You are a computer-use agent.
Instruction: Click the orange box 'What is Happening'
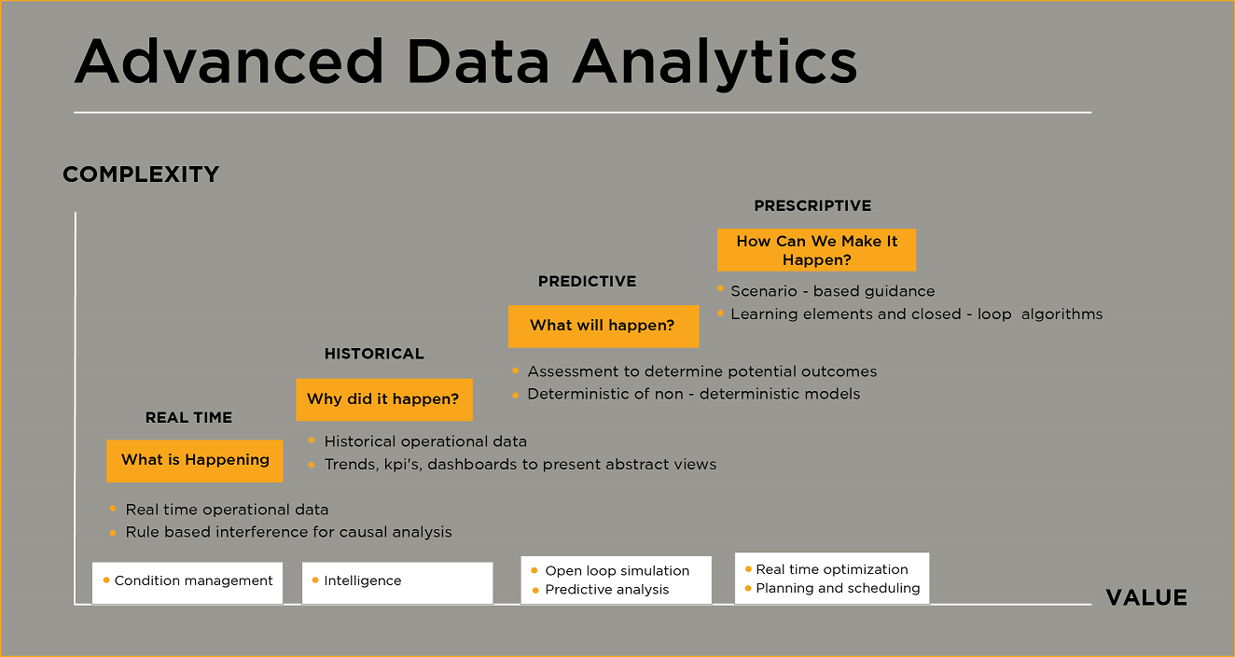pyautogui.click(x=195, y=461)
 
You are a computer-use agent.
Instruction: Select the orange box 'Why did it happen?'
pyautogui.click(x=384, y=399)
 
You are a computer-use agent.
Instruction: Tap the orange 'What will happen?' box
pyautogui.click(x=604, y=326)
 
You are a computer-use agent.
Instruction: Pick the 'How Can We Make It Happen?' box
pyautogui.click(x=816, y=250)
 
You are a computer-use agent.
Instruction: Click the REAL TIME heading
pyautogui.click(x=188, y=417)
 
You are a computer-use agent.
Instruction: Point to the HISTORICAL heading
pyautogui.click(x=374, y=354)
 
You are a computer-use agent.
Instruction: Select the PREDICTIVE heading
pyautogui.click(x=587, y=281)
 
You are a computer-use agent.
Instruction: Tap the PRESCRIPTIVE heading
pyautogui.click(x=812, y=205)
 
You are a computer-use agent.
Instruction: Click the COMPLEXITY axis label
pyautogui.click(x=141, y=175)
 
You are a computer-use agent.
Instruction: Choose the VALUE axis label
pyautogui.click(x=1146, y=597)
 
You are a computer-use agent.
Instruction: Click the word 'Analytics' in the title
pyautogui.click(x=715, y=62)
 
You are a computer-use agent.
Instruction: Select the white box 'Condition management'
pyautogui.click(x=187, y=582)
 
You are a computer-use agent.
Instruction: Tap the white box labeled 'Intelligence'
pyautogui.click(x=397, y=582)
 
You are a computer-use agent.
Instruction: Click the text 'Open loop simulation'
pyautogui.click(x=617, y=570)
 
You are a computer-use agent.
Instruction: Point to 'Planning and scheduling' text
pyautogui.click(x=838, y=588)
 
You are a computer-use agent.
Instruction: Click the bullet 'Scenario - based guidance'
pyautogui.click(x=833, y=291)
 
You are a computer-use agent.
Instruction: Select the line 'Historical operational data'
pyautogui.click(x=425, y=441)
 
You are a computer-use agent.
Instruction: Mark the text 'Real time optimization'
pyautogui.click(x=831, y=569)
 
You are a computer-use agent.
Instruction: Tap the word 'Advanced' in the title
pyautogui.click(x=229, y=62)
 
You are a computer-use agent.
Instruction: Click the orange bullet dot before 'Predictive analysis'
pyautogui.click(x=534, y=590)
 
